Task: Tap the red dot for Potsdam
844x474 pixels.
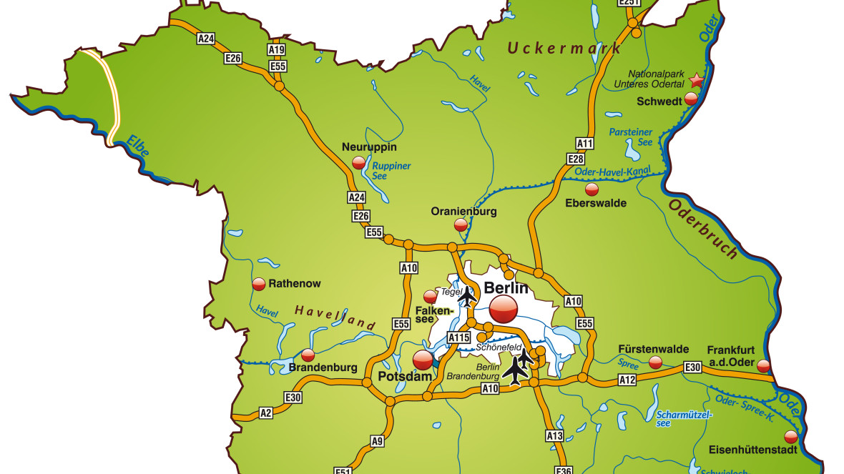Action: click(423, 359)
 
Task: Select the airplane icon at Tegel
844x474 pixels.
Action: click(467, 295)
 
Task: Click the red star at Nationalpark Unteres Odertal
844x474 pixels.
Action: click(697, 82)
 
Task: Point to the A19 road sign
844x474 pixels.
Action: click(277, 50)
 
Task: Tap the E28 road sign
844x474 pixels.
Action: click(576, 158)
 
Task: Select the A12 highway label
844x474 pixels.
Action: click(627, 379)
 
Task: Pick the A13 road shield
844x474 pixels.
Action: click(554, 435)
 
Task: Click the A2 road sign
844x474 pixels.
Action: click(266, 413)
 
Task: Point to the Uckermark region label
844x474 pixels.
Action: click(564, 49)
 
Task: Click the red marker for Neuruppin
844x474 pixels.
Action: click(358, 163)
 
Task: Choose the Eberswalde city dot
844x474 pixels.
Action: click(592, 189)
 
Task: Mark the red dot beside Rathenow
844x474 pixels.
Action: click(259, 284)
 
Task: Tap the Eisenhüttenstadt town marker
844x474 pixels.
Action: click(790, 437)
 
